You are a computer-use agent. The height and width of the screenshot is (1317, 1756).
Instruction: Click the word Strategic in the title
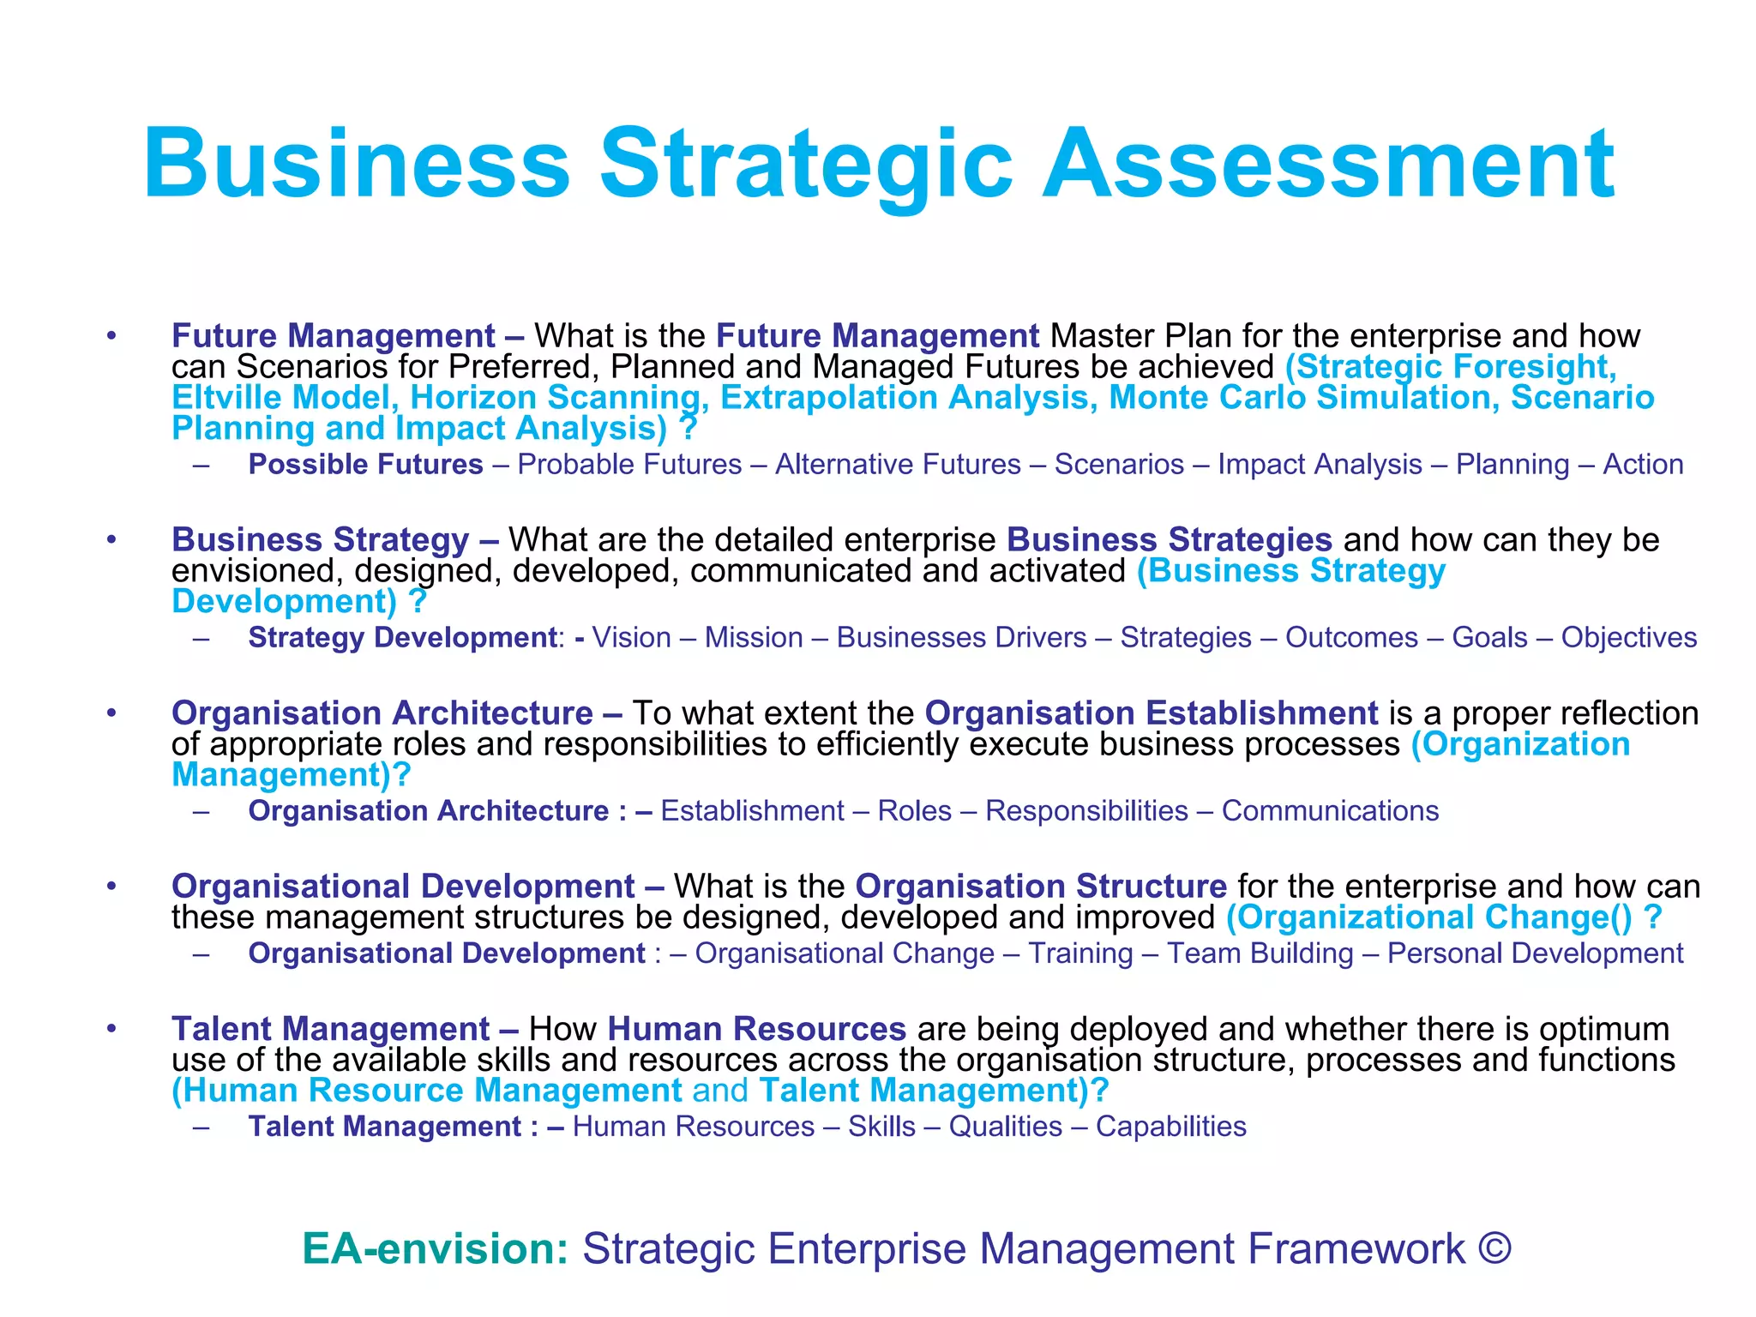click(x=806, y=165)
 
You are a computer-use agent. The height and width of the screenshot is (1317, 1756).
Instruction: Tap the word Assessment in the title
click(x=1328, y=165)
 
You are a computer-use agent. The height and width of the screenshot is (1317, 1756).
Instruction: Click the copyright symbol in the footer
click(x=1494, y=1248)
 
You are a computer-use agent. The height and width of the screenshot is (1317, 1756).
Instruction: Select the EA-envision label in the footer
click(x=436, y=1248)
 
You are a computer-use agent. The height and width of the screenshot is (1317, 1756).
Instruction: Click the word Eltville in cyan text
click(x=224, y=398)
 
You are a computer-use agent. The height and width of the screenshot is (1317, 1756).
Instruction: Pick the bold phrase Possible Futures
click(x=366, y=465)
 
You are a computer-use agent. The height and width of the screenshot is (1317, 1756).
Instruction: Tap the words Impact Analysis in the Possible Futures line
click(x=1320, y=465)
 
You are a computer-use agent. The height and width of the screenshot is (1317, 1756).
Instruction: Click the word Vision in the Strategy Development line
click(x=632, y=638)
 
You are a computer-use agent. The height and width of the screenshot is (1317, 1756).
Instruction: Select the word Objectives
click(x=1628, y=638)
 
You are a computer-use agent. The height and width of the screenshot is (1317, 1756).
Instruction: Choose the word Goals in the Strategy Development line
click(x=1489, y=638)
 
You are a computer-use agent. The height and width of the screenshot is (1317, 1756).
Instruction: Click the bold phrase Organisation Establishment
click(x=1151, y=713)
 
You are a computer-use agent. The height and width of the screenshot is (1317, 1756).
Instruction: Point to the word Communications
click(x=1330, y=811)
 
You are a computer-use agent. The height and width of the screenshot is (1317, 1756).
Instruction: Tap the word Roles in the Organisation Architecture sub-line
click(x=915, y=811)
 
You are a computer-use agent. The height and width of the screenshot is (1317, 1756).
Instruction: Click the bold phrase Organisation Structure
click(x=1041, y=887)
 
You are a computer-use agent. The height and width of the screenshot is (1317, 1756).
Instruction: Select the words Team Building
click(x=1260, y=953)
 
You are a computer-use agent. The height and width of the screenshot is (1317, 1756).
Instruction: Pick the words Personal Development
click(x=1535, y=953)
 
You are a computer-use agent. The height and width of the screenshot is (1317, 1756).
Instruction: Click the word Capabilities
click(x=1170, y=1127)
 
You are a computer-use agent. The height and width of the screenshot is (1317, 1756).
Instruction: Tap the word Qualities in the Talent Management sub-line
click(x=1005, y=1127)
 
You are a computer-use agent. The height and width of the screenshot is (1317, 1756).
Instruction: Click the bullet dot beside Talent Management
click(x=111, y=1028)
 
